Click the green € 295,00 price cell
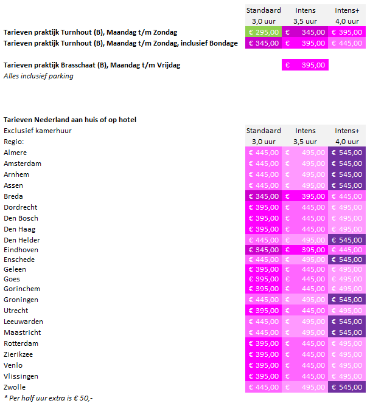(264, 32)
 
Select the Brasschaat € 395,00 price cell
(305, 65)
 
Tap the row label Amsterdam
(23, 163)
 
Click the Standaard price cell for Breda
(264, 196)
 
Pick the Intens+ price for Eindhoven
(347, 250)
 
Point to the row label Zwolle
(15, 387)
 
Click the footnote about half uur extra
(48, 398)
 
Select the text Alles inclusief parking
(38, 76)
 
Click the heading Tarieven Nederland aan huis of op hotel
(70, 120)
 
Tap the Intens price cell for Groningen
(305, 300)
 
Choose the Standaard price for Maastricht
(264, 332)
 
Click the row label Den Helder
(21, 240)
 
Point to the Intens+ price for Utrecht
(347, 311)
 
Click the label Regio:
(13, 142)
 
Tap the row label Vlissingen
(20, 376)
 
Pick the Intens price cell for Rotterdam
(305, 343)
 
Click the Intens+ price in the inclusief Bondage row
(347, 43)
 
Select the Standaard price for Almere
(264, 153)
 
